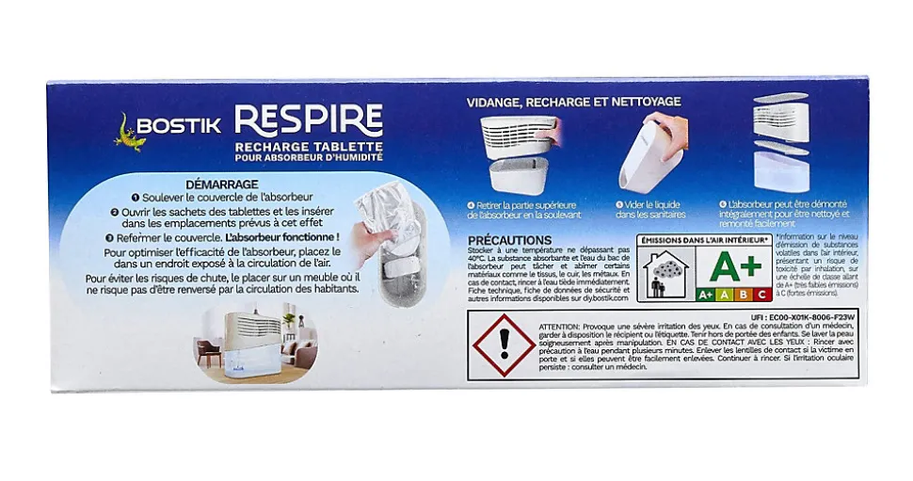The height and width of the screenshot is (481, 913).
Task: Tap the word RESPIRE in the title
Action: [x=308, y=120]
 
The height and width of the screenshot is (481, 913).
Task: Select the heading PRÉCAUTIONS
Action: [x=509, y=241]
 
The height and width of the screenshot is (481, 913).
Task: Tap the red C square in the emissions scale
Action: [x=762, y=294]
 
